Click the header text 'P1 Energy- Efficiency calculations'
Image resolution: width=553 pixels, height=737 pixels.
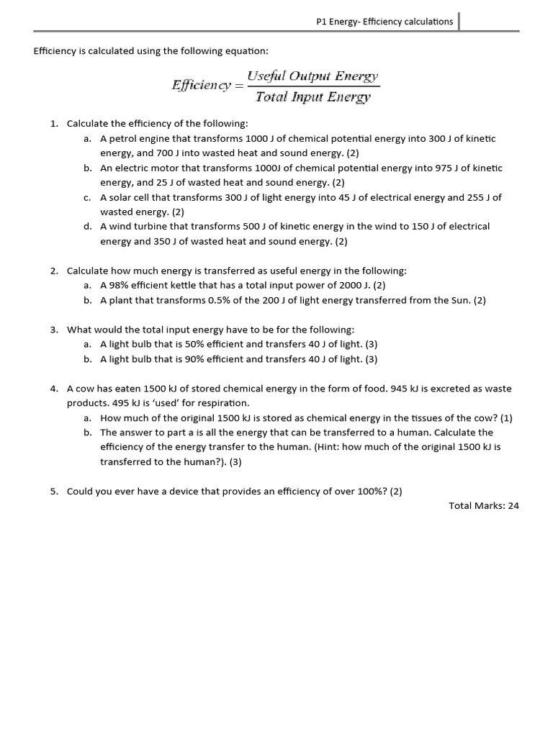tap(385, 22)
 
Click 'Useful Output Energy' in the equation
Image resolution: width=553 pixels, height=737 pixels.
tap(313, 76)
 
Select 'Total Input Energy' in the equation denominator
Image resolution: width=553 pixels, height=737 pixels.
tap(313, 97)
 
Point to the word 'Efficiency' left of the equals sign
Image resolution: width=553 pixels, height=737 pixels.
tap(200, 86)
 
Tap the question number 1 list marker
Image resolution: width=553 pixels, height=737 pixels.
tap(54, 124)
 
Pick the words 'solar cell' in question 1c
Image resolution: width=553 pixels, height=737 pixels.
tap(130, 197)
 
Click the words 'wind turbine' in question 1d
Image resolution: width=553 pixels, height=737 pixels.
tap(137, 226)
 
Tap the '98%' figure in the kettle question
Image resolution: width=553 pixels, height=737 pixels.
tap(119, 285)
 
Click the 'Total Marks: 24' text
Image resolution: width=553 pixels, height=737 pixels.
tap(484, 506)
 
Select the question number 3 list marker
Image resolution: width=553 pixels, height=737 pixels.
tap(54, 330)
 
